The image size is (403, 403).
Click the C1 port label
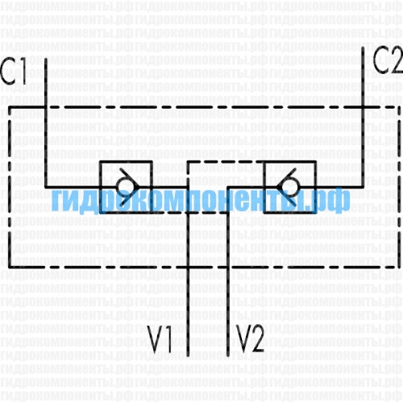[x=14, y=70]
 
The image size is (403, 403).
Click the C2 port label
[x=388, y=60]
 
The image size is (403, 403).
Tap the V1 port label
[x=160, y=339]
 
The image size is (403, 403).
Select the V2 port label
[x=250, y=339]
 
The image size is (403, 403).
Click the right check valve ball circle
[x=289, y=186]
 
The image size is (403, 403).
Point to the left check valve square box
[x=100, y=187]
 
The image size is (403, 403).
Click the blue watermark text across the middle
[x=201, y=200]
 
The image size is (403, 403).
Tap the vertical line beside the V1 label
[x=188, y=272]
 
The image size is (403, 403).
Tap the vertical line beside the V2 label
[x=228, y=272]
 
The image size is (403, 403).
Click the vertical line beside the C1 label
[x=46, y=123]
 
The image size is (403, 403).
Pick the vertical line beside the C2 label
[x=363, y=117]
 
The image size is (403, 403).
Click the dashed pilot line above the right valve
[x=225, y=162]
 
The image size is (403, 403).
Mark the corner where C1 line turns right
[x=46, y=187]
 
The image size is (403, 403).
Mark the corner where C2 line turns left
[x=363, y=187]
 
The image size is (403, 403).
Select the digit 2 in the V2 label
[x=257, y=339]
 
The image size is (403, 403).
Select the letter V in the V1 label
[x=156, y=339]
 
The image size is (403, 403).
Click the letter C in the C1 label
[x=8, y=70]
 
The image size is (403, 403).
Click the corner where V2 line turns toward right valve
[x=228, y=187]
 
